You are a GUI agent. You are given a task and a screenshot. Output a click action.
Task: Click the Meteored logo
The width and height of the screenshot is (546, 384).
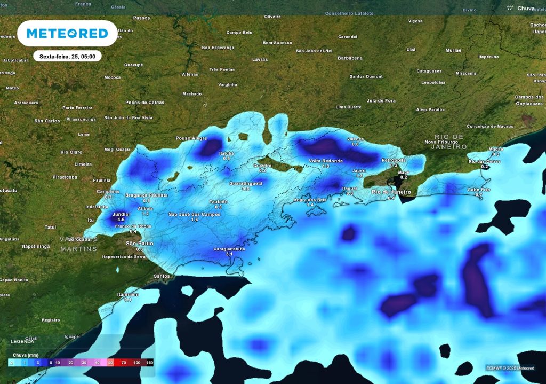pyautogui.click(x=67, y=33)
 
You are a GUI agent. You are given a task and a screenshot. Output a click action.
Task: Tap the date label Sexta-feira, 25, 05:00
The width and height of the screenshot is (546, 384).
pyautogui.click(x=67, y=56)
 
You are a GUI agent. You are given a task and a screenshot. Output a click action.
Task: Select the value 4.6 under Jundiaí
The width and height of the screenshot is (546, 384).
pyautogui.click(x=121, y=220)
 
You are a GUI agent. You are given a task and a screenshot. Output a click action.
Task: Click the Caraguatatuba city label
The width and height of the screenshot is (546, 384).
pyautogui.click(x=230, y=249)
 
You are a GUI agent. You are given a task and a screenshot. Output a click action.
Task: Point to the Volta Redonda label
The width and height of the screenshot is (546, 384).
pyautogui.click(x=326, y=160)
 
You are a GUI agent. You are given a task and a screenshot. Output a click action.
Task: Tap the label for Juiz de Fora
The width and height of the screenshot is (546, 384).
pyautogui.click(x=381, y=100)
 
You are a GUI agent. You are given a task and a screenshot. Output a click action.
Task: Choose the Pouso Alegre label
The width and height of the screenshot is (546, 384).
pyautogui.click(x=191, y=138)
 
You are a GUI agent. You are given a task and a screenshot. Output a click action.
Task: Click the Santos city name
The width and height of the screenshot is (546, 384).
pyautogui.click(x=162, y=276)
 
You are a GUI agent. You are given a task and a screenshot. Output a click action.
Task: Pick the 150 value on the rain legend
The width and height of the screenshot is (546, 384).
pyautogui.click(x=149, y=362)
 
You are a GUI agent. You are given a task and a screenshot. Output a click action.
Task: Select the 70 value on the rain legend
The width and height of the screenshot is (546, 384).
pyautogui.click(x=124, y=362)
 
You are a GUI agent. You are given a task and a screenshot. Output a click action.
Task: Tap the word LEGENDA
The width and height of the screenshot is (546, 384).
pyautogui.click(x=22, y=341)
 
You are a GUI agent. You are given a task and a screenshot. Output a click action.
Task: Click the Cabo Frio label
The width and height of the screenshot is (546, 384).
pyautogui.click(x=478, y=190)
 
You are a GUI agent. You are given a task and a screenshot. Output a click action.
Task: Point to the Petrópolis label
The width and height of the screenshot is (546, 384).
pyautogui.click(x=394, y=160)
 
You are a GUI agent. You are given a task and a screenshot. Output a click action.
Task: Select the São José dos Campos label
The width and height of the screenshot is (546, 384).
pyautogui.click(x=195, y=214)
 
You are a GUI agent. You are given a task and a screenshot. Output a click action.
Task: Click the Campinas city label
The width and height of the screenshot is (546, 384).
pyautogui.click(x=108, y=191)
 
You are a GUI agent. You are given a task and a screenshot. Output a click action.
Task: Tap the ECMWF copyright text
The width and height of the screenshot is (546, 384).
pyautogui.click(x=510, y=367)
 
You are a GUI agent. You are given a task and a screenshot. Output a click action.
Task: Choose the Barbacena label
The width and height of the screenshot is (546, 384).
pyautogui.click(x=350, y=58)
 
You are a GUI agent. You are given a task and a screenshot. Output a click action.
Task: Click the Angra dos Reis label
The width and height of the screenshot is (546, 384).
pyautogui.click(x=310, y=200)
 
